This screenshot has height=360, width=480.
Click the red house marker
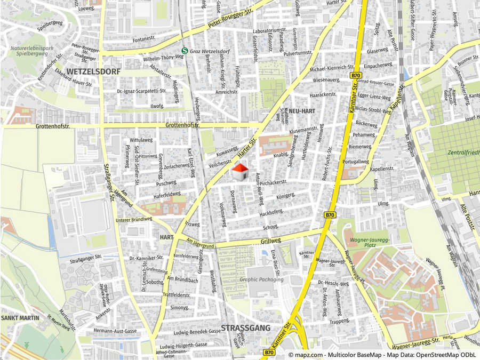[x=241, y=172]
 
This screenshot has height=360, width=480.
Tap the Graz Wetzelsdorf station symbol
[x=184, y=51]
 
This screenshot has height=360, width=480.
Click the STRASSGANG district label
[x=245, y=327]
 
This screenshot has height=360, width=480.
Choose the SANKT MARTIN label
[x=20, y=318]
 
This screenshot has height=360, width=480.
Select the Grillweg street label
[x=271, y=241]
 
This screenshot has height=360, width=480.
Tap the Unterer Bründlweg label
[x=130, y=219]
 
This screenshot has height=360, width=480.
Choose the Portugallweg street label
[x=356, y=161]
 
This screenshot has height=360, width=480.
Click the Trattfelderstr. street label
[x=176, y=294]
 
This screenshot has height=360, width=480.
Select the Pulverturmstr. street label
[x=298, y=53]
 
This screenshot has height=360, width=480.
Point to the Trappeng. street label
[x=339, y=322]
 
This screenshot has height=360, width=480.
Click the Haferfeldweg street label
[x=167, y=194]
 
